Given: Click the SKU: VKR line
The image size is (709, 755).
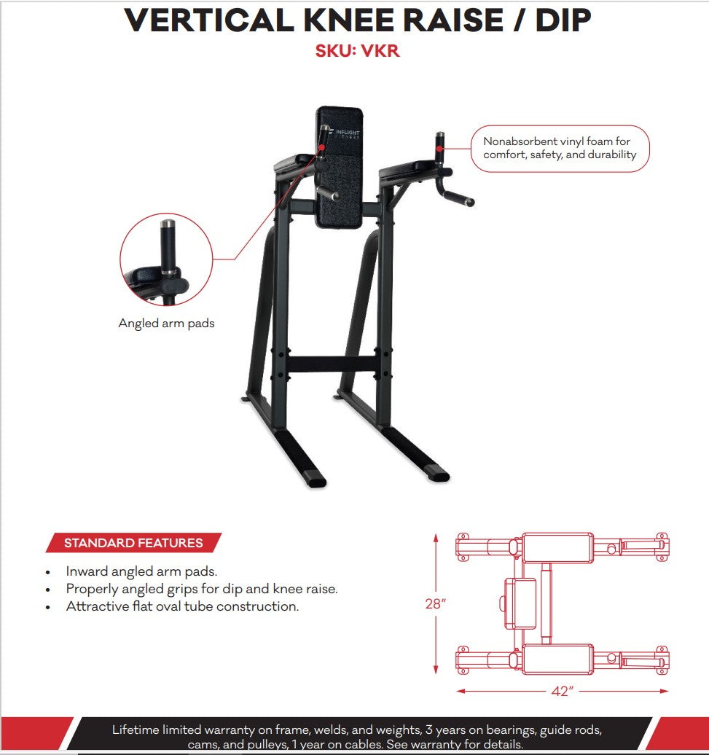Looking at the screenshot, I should coord(357,52).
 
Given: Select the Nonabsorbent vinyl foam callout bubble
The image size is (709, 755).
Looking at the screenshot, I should coord(559,148).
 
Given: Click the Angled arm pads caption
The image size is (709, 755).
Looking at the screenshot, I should coord(166,323).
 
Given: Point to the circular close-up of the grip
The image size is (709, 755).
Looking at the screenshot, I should coord(166,259).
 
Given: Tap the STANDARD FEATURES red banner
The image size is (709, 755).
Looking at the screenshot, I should coord(133,543).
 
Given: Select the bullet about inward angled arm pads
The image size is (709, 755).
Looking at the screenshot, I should coord(141,571).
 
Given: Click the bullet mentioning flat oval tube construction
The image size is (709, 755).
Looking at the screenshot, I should coord(182,606).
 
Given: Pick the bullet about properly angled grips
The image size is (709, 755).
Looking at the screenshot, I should coord(202,589).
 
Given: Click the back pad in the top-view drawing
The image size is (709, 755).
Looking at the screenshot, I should coord(520,603).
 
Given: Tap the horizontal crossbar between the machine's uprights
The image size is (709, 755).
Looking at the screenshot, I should coord(332,364).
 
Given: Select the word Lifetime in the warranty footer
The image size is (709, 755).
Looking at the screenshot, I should coord(136,729).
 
